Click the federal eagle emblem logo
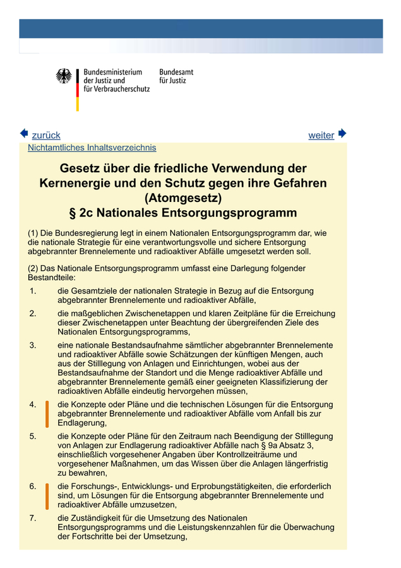[64, 76]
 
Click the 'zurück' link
[46, 135]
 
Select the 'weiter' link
[321, 135]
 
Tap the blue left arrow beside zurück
[24, 134]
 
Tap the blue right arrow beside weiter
[342, 134]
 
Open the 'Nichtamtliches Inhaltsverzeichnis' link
[92, 148]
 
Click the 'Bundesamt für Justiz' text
[176, 76]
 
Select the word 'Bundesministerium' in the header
[113, 72]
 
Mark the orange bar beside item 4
[47, 413]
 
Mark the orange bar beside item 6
[47, 496]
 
